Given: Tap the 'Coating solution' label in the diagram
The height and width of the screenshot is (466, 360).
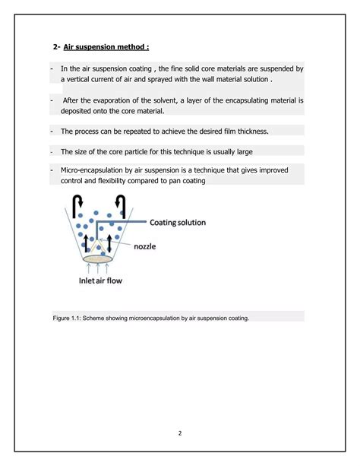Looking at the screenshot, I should [x=182, y=223].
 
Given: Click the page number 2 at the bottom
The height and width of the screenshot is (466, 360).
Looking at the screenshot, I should [x=180, y=433].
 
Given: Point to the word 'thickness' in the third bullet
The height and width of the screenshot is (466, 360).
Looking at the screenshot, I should [x=252, y=131].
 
